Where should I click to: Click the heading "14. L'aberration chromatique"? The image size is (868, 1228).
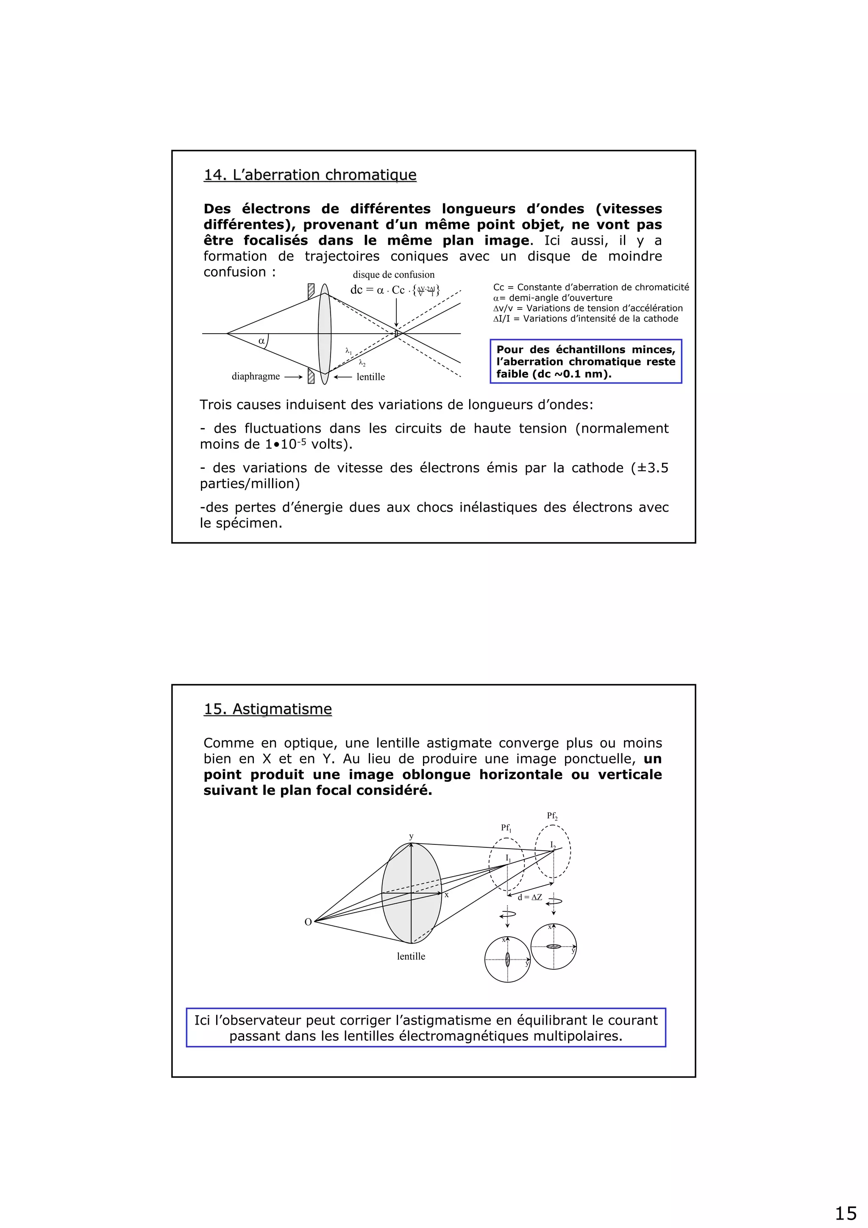click(x=310, y=175)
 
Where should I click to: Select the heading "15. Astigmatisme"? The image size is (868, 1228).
click(x=267, y=709)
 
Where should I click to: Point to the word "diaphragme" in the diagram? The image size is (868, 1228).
click(x=256, y=376)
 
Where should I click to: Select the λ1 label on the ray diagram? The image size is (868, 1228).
click(x=349, y=351)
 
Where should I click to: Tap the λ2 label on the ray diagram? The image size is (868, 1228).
click(x=362, y=363)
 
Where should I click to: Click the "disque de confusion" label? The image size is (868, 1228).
click(x=394, y=274)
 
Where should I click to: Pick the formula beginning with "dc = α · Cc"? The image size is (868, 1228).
click(x=395, y=290)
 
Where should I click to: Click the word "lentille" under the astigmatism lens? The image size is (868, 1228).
click(x=411, y=956)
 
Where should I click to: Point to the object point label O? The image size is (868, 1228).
click(x=308, y=922)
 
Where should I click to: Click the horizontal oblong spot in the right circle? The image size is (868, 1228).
click(x=554, y=947)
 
